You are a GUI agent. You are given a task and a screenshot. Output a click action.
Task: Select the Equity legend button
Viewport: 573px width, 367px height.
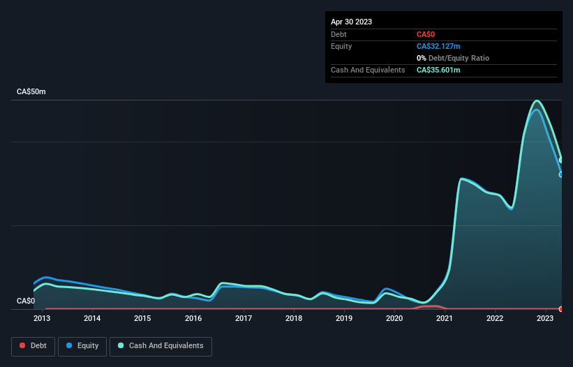pyautogui.click(x=82, y=345)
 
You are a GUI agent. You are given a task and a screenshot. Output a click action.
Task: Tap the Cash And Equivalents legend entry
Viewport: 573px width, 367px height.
pyautogui.click(x=160, y=345)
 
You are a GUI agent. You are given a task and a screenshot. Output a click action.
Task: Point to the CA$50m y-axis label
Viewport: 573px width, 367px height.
pyautogui.click(x=31, y=92)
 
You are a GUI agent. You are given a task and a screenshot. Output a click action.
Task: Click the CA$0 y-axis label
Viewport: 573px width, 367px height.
pyautogui.click(x=26, y=301)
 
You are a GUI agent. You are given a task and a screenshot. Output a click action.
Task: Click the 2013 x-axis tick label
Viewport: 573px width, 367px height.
pyautogui.click(x=42, y=319)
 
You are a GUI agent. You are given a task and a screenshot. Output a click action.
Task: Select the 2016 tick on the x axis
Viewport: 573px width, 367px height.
pyautogui.click(x=193, y=319)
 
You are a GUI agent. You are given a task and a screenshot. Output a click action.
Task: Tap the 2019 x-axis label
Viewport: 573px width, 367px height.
pyautogui.click(x=344, y=319)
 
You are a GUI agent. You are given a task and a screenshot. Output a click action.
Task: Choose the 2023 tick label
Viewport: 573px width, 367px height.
pyautogui.click(x=546, y=319)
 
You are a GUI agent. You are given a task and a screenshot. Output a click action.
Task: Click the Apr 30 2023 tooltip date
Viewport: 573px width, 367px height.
pyautogui.click(x=352, y=22)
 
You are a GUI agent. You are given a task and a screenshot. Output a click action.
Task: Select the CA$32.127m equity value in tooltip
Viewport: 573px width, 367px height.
pyautogui.click(x=438, y=46)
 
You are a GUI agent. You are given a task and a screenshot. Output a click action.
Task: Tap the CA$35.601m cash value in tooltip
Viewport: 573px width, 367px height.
pyautogui.click(x=438, y=70)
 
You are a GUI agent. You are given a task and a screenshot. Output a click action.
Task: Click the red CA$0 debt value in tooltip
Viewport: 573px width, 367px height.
pyautogui.click(x=427, y=34)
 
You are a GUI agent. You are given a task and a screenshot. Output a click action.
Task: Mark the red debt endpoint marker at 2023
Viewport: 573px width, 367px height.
pyautogui.click(x=561, y=308)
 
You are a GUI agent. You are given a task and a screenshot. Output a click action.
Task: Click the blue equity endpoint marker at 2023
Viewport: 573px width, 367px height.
pyautogui.click(x=561, y=174)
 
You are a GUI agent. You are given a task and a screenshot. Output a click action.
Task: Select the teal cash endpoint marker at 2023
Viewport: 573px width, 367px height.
pyautogui.click(x=561, y=160)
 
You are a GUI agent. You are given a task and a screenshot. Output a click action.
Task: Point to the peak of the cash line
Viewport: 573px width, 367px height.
pyautogui.click(x=536, y=100)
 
